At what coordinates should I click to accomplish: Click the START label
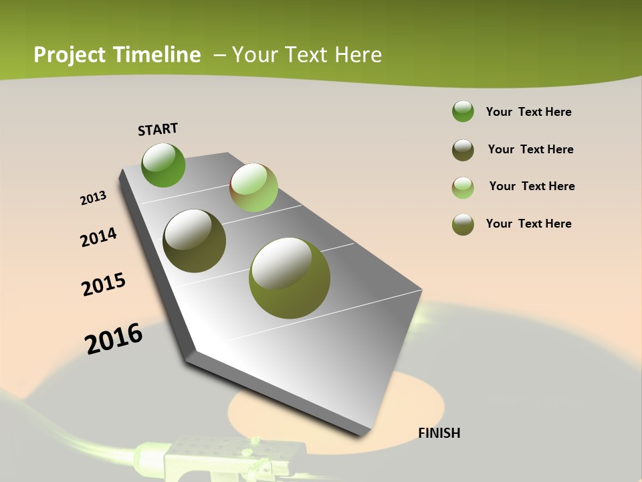coord(158,129)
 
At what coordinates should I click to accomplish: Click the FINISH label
coord(439,433)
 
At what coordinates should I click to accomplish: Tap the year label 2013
coord(94,198)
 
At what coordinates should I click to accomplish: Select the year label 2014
coord(98,237)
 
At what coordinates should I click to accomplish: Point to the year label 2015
coord(104,285)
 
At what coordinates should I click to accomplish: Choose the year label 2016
coord(114,339)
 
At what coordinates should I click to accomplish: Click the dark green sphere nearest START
coord(164,165)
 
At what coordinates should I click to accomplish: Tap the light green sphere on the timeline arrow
coord(253,187)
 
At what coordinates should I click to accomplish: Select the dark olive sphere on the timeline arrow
coord(195,241)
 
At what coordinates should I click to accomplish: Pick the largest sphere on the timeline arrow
coord(290,278)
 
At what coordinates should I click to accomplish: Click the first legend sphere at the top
coord(463,112)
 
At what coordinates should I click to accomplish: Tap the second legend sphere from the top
coord(463,150)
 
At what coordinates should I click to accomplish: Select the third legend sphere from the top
coord(463,187)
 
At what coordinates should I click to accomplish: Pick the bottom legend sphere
coord(463,224)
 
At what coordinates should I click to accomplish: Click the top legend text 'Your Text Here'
coord(528,112)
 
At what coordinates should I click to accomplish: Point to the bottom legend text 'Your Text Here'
coord(528,224)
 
